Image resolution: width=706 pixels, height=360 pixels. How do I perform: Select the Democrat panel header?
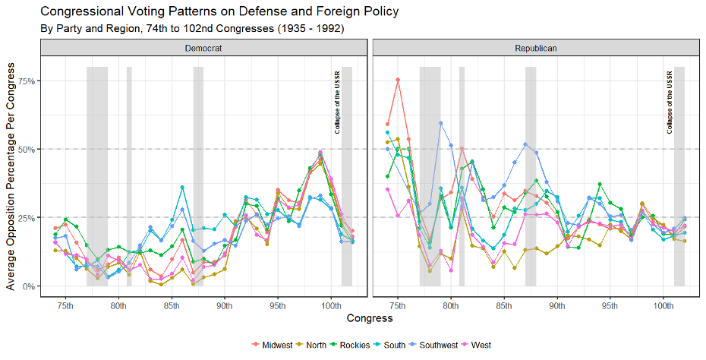(x=203, y=48)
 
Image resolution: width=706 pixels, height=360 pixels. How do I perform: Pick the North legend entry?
(x=315, y=346)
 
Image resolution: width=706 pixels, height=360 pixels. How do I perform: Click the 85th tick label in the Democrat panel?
(x=172, y=306)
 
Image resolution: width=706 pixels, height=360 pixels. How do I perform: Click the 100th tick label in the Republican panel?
(x=663, y=306)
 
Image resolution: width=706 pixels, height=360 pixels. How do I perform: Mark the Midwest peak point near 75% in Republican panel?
(x=398, y=80)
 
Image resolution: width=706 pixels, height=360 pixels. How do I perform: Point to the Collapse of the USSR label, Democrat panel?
(x=337, y=103)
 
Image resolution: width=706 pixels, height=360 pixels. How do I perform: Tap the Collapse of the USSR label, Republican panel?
(x=670, y=103)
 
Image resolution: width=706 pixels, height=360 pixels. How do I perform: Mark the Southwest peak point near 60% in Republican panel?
(x=440, y=123)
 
